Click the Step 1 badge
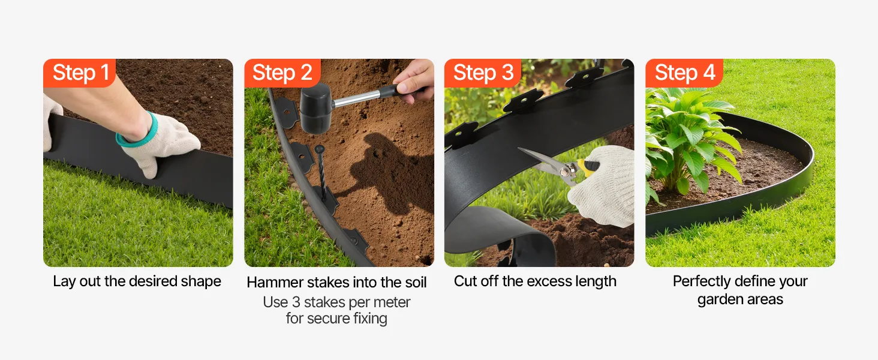point(79,73)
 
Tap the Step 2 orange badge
point(282,73)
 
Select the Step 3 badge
point(483,73)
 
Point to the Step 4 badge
point(684,73)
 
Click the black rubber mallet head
point(315,108)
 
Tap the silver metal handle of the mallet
point(357,98)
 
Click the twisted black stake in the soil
point(321,173)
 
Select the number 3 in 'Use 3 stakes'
point(296,302)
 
